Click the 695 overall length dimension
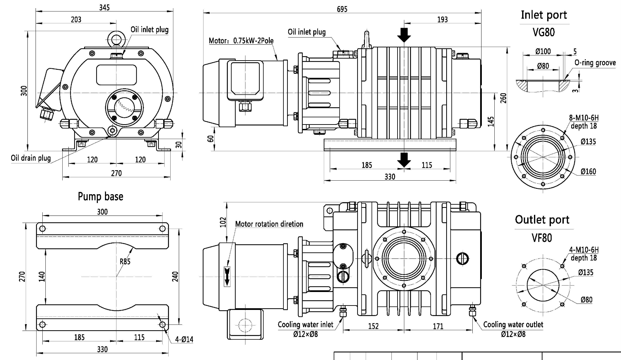342,9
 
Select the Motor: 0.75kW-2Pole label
241,41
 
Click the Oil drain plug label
31,158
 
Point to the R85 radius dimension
125,261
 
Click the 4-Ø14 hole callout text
184,339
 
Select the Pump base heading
101,197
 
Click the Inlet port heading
543,15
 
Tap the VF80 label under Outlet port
541,238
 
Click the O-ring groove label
595,63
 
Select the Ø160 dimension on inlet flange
588,172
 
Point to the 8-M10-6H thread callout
584,118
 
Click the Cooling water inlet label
305,325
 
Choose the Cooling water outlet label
513,325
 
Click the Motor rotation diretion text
269,224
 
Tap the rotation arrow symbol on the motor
227,276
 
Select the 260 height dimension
504,98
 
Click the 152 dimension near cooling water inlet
373,326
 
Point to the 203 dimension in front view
76,20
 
